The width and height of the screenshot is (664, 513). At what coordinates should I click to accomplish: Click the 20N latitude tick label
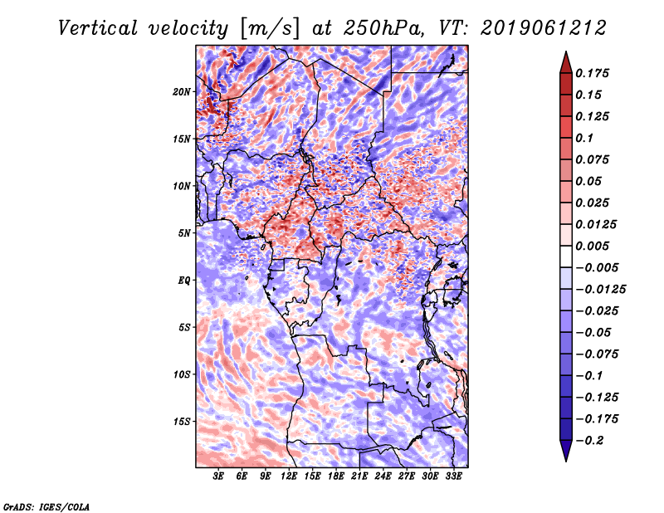(182, 91)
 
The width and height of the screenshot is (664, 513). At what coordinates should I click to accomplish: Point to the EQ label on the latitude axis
(183, 281)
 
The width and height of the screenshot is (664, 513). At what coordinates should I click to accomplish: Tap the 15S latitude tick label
(182, 422)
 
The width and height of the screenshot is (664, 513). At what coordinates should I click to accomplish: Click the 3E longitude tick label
(218, 476)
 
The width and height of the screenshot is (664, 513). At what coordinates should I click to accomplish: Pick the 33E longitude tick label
(454, 476)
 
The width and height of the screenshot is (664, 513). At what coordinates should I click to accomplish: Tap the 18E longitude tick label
(336, 476)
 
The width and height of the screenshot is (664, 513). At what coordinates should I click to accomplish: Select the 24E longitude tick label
(383, 476)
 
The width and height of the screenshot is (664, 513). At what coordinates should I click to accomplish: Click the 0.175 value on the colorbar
(593, 73)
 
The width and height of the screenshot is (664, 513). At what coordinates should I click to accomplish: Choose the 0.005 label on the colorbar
(593, 246)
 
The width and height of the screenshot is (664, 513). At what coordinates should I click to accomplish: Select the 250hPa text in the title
(380, 27)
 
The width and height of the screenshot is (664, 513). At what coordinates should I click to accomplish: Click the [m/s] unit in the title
(268, 28)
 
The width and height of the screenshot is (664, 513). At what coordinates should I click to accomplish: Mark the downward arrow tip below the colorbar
(565, 459)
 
